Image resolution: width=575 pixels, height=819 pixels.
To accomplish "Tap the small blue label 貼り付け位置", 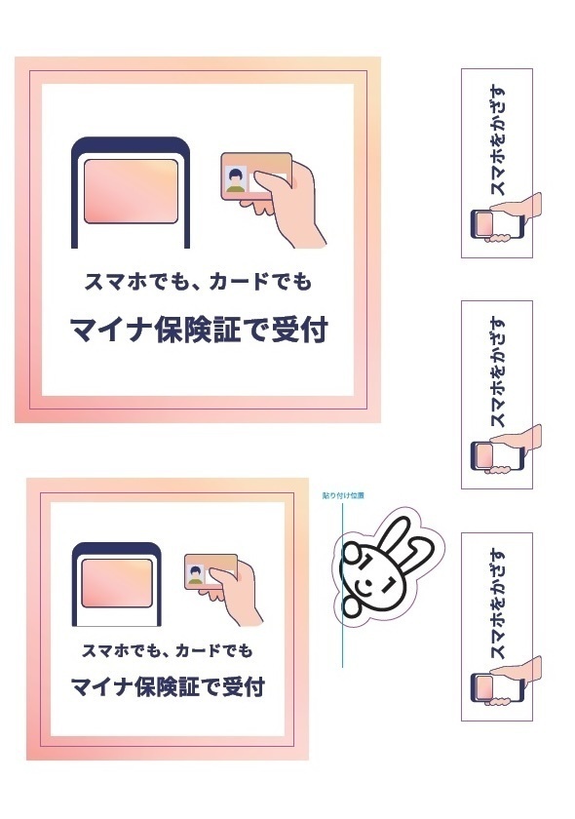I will pos(344,495).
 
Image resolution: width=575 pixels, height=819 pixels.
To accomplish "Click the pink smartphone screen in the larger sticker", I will pos(130,191).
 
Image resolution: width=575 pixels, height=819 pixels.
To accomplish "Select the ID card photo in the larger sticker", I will pos(235,176).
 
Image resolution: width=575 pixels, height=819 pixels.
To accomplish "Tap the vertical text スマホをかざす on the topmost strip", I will pos(497,142).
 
